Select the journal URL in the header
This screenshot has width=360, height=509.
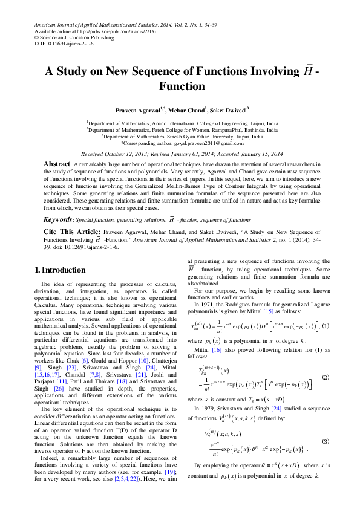click(x=106, y=30)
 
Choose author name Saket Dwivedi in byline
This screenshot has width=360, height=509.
click(x=227, y=111)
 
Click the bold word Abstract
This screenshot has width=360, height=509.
click(x=57, y=164)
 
